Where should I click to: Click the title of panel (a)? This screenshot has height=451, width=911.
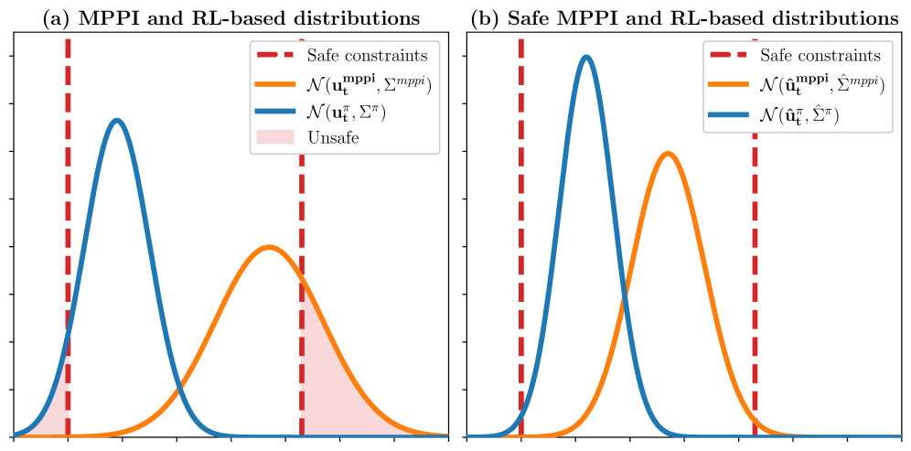click(x=232, y=17)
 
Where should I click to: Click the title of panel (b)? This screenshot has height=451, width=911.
click(x=684, y=17)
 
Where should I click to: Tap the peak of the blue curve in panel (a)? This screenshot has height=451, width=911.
click(x=116, y=120)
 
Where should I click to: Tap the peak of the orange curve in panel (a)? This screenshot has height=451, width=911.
click(x=268, y=247)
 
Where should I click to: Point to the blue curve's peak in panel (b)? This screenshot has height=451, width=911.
click(x=586, y=57)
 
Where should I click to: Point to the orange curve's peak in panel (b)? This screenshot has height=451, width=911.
click(x=669, y=153)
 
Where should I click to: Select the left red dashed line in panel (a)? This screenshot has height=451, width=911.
click(x=68, y=229)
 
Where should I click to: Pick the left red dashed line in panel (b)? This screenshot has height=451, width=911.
click(x=520, y=229)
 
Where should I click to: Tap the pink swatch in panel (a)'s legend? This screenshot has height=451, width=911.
click(x=276, y=137)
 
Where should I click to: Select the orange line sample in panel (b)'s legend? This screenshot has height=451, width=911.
click(x=729, y=84)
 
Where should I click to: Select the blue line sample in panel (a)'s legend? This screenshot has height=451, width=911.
click(x=276, y=111)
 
